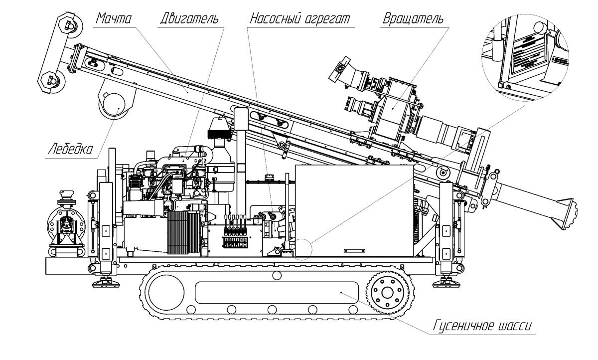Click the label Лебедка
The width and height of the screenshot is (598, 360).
pyautogui.click(x=70, y=149)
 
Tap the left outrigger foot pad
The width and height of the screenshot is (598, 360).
pyautogui.click(x=105, y=283)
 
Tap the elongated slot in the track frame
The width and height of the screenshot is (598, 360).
pyautogui.click(x=277, y=292)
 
